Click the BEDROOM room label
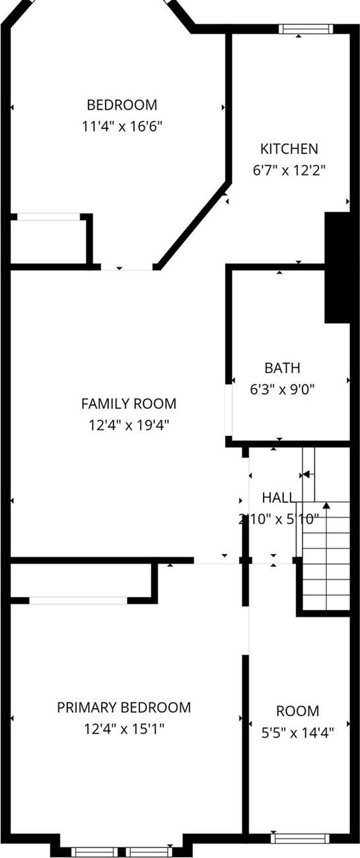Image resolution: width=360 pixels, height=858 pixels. [x=122, y=104]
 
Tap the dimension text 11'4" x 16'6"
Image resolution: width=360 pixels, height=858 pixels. [x=122, y=125]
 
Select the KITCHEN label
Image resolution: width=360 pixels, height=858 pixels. [x=289, y=149]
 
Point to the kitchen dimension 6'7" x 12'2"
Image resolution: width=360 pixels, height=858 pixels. [x=289, y=170]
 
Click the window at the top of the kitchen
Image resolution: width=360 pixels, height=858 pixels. [x=304, y=28]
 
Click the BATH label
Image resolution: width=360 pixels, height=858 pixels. [x=282, y=368]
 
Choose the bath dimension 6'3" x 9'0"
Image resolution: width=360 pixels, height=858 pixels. [x=282, y=389]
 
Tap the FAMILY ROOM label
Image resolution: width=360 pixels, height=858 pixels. [x=129, y=404]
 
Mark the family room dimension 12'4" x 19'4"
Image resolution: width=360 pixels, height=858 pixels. [x=129, y=425]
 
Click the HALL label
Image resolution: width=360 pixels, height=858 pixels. [x=278, y=497]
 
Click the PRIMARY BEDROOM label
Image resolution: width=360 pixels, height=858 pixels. [x=124, y=707]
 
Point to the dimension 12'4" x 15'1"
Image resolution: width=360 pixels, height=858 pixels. [x=124, y=729]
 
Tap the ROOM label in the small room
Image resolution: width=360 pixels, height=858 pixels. [x=297, y=711]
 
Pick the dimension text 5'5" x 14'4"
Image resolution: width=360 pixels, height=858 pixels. [x=297, y=732]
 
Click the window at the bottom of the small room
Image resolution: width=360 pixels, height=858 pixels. [x=299, y=839]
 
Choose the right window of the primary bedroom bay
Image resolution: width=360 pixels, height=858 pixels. [x=149, y=851]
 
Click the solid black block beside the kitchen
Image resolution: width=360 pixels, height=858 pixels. [x=337, y=268]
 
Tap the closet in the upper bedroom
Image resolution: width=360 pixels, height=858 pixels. [x=49, y=240]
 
